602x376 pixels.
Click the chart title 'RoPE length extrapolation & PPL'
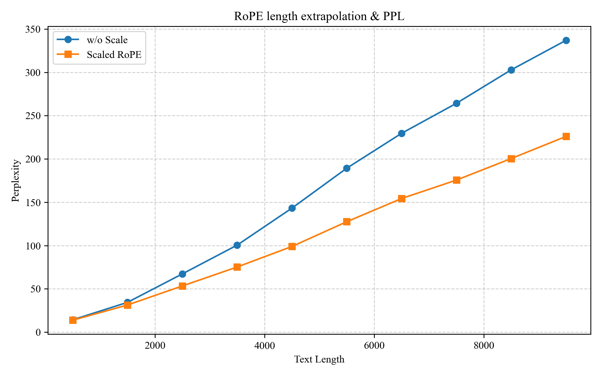pyautogui.click(x=319, y=17)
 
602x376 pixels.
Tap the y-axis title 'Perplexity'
pyautogui.click(x=16, y=180)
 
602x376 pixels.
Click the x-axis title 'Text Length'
pyautogui.click(x=319, y=359)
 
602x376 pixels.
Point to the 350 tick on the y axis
pyautogui.click(x=33, y=30)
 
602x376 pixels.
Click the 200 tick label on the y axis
pyautogui.click(x=33, y=159)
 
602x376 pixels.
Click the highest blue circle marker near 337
pyautogui.click(x=566, y=40)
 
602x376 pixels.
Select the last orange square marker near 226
pyautogui.click(x=566, y=136)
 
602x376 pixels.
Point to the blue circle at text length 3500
pyautogui.click(x=237, y=245)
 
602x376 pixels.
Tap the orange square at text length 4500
pyautogui.click(x=292, y=247)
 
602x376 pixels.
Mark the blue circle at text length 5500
pyautogui.click(x=347, y=168)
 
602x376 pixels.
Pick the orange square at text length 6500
pyautogui.click(x=402, y=199)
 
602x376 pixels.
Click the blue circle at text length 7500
pyautogui.click(x=457, y=103)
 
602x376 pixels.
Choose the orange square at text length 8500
pyautogui.click(x=511, y=159)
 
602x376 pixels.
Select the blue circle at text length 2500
pyautogui.click(x=182, y=274)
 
